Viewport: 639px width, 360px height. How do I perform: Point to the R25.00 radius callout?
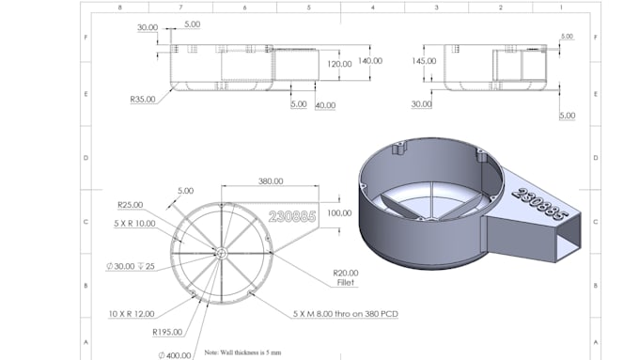(130, 204)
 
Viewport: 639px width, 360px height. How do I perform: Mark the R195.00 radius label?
(165, 332)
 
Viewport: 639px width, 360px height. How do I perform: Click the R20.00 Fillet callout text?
(346, 277)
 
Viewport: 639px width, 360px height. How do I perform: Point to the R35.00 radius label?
(143, 97)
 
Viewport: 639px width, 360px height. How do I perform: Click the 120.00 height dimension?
(339, 64)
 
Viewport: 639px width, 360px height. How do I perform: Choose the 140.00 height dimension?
(370, 61)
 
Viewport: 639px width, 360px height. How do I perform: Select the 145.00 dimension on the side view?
(424, 61)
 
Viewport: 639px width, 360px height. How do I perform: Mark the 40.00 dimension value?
(326, 105)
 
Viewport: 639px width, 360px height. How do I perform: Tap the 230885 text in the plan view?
(292, 215)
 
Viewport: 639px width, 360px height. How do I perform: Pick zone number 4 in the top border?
(373, 7)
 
